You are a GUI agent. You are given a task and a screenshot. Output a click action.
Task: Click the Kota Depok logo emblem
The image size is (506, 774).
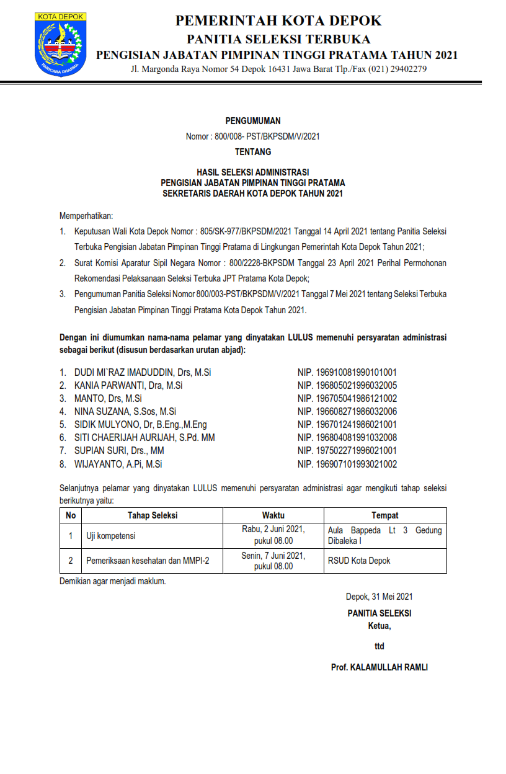tap(58, 42)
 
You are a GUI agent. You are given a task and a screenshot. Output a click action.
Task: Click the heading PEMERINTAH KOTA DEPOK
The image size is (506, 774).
tap(278, 21)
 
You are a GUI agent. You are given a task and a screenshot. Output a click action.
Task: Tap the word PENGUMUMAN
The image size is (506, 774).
tap(253, 121)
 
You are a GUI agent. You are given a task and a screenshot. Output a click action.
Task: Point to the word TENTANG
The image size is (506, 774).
tap(253, 151)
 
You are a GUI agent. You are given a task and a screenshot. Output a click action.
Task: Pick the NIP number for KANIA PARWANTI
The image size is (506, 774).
tap(347, 386)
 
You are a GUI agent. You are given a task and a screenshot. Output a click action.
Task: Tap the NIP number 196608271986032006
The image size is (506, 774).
tap(347, 412)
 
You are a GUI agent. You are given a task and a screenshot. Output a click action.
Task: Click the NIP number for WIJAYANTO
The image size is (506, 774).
tap(347, 464)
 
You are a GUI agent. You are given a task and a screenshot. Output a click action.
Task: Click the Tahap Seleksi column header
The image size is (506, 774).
tap(153, 515)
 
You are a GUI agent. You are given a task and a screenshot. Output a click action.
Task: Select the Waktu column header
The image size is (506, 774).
tap(273, 515)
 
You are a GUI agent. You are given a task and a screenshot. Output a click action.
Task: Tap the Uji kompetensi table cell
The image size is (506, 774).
tap(111, 536)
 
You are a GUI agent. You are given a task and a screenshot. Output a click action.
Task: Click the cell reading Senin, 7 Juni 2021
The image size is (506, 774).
tap(273, 556)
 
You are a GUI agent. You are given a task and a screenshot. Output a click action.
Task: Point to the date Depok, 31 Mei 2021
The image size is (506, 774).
tap(379, 597)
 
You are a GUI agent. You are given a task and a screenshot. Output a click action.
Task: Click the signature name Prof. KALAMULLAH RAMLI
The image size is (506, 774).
tap(379, 668)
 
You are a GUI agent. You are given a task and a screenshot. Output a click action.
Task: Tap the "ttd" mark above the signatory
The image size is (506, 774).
tap(379, 646)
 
